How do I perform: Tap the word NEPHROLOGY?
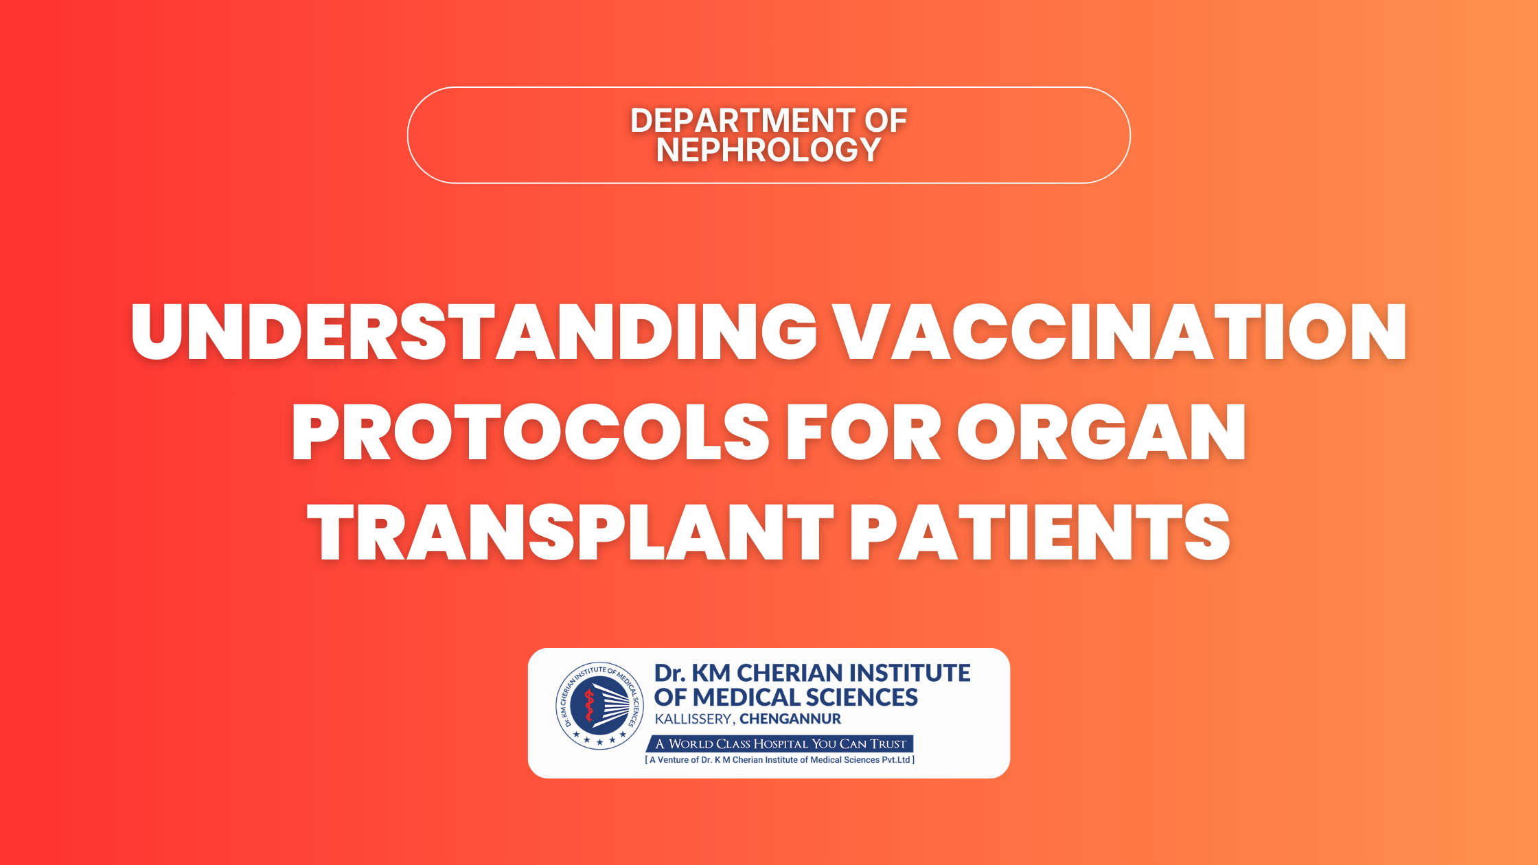tap(768, 150)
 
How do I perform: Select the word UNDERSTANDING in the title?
tap(474, 333)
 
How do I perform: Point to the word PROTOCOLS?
tap(531, 432)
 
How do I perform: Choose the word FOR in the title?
tap(864, 432)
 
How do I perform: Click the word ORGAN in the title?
tap(1101, 432)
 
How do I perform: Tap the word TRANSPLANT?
tap(570, 533)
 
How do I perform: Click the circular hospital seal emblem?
tap(600, 706)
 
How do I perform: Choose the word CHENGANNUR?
tap(790, 719)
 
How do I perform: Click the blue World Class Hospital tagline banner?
tap(780, 743)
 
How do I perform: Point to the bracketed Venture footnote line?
tap(780, 760)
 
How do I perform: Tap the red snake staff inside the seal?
tap(588, 706)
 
